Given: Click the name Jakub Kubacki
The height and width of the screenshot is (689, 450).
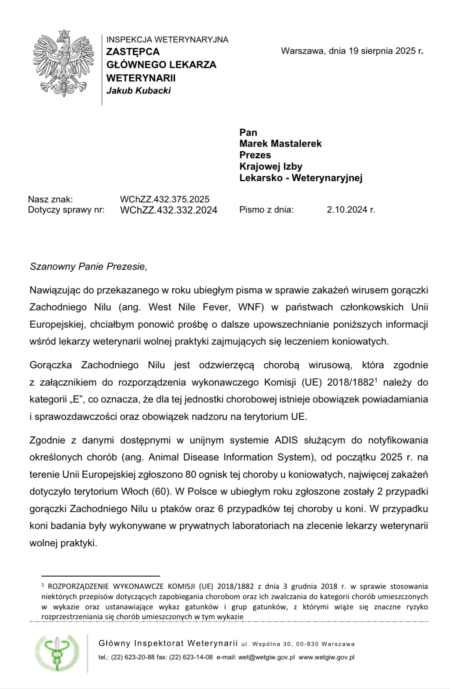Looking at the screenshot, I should point(138,91).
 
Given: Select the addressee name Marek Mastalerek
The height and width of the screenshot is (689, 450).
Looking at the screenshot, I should point(280,143).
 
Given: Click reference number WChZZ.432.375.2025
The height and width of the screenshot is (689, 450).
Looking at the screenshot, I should point(164,199).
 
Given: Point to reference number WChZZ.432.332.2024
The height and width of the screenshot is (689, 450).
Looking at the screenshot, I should point(168,210).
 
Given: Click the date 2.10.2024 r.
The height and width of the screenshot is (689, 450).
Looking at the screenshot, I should point(351,210).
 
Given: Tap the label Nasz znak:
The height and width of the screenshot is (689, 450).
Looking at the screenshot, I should point(50,199).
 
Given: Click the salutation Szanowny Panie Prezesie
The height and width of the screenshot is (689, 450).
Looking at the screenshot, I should point(88,267).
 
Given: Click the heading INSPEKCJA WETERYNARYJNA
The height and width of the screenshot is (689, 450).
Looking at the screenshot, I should point(167,39).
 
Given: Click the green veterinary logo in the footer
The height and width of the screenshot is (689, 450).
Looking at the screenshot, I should point(57,652).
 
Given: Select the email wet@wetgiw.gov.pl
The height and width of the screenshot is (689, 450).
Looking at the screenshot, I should point(266,657).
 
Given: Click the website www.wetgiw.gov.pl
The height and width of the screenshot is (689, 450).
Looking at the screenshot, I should point(326,657).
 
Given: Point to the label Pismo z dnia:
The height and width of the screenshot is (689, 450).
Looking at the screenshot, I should point(266,210).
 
